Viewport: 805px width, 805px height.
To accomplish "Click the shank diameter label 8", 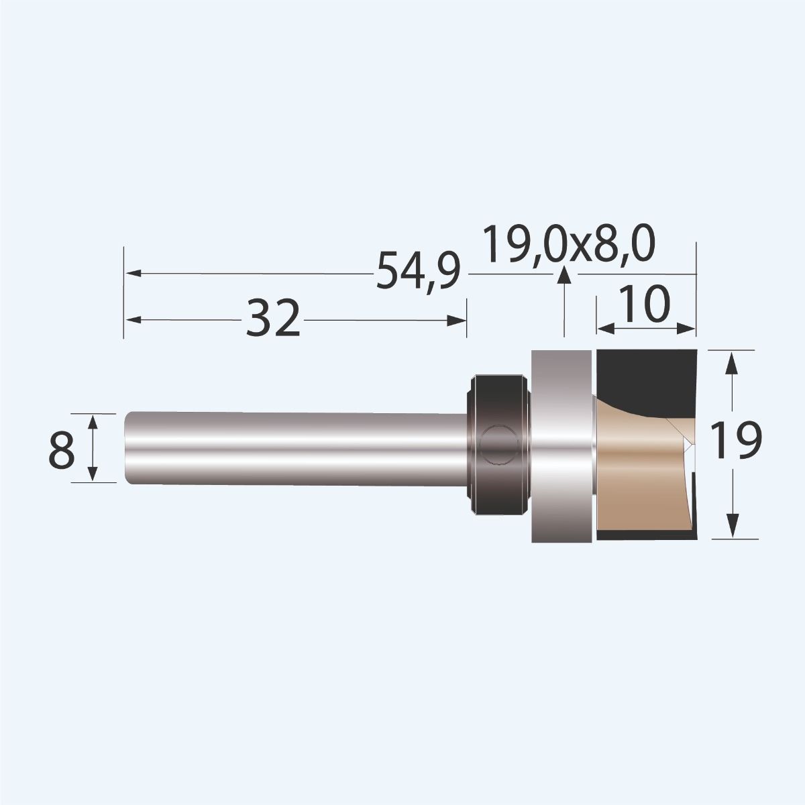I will tap(61, 448).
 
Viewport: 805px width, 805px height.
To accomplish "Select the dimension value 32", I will tap(272, 320).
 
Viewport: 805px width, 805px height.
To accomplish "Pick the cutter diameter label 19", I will tap(736, 443).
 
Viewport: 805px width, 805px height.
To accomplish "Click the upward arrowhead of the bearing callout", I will tap(564, 275).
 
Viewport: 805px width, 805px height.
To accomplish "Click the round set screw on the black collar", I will tap(498, 445).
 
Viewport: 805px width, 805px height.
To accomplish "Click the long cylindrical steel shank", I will tap(295, 446).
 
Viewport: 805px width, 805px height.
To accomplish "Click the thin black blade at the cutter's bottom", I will tap(644, 535).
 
